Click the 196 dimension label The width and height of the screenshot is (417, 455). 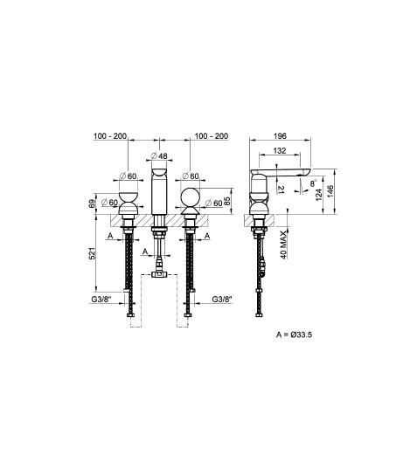click(x=280, y=136)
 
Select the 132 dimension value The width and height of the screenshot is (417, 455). click(x=280, y=151)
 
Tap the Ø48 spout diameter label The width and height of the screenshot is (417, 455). click(x=159, y=156)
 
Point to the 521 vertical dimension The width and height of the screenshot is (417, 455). click(x=92, y=253)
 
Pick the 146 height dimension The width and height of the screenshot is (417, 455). click(x=330, y=191)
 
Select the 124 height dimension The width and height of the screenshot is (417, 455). click(x=319, y=194)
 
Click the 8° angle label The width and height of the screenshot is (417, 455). click(x=313, y=183)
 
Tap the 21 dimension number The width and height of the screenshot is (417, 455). click(x=281, y=190)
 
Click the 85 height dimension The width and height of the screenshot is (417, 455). click(x=227, y=201)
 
